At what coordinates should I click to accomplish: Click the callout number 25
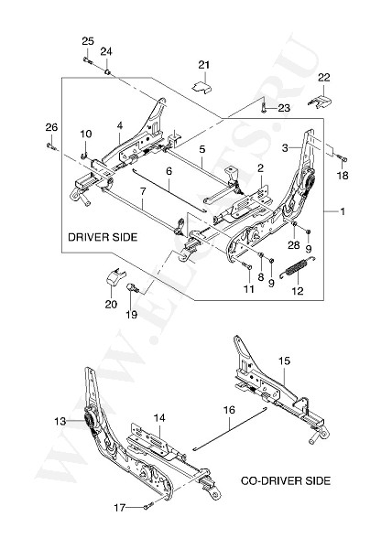click(88, 41)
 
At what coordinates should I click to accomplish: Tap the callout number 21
click(204, 65)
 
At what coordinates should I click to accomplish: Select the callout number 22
click(324, 77)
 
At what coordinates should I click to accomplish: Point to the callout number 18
click(343, 175)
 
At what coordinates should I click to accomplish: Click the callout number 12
click(297, 291)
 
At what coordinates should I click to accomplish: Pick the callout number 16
click(230, 410)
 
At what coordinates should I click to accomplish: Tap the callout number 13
click(60, 421)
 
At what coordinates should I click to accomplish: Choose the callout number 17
click(120, 507)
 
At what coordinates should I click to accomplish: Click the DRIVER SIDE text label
click(103, 237)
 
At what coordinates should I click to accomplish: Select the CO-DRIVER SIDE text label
click(286, 480)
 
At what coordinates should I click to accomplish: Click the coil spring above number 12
click(299, 267)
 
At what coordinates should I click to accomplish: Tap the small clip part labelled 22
click(319, 102)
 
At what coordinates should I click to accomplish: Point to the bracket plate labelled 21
click(202, 87)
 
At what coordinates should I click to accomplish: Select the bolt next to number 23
click(264, 108)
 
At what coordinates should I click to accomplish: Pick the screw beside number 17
click(148, 505)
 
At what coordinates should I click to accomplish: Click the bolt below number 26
click(51, 145)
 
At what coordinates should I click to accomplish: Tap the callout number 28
click(294, 245)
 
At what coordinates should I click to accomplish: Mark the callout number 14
click(159, 418)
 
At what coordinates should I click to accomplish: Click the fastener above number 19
click(133, 288)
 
